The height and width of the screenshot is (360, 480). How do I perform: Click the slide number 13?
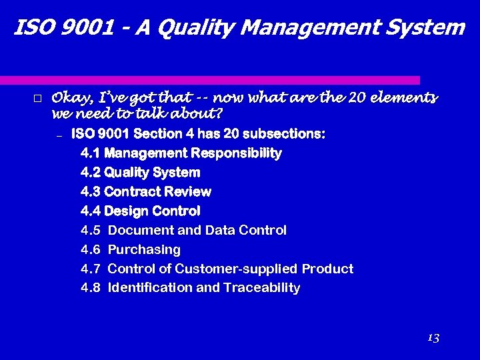coord(433,338)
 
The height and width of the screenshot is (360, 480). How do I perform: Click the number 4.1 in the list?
coord(90,153)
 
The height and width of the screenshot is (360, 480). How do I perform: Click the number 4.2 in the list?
coord(90,173)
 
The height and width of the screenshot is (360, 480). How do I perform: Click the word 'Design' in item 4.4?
coord(127,211)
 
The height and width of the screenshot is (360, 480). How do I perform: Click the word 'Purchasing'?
coord(144,250)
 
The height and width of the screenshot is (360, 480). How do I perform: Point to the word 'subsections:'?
coord(284,134)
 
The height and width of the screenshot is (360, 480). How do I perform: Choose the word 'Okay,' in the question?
coord(72,99)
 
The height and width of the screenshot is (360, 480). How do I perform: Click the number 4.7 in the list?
coord(90,269)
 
